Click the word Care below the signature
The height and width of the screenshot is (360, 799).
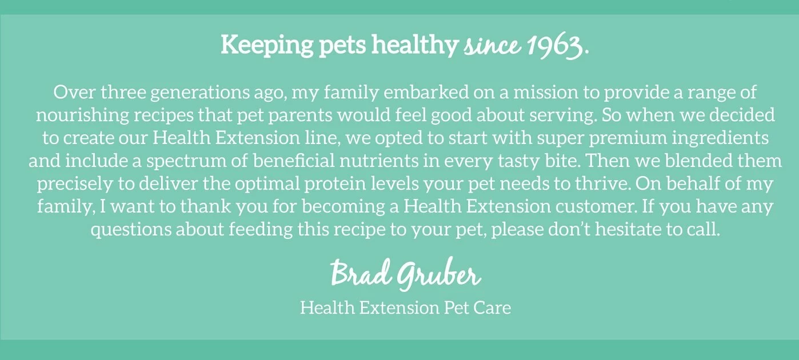pos(493,308)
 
